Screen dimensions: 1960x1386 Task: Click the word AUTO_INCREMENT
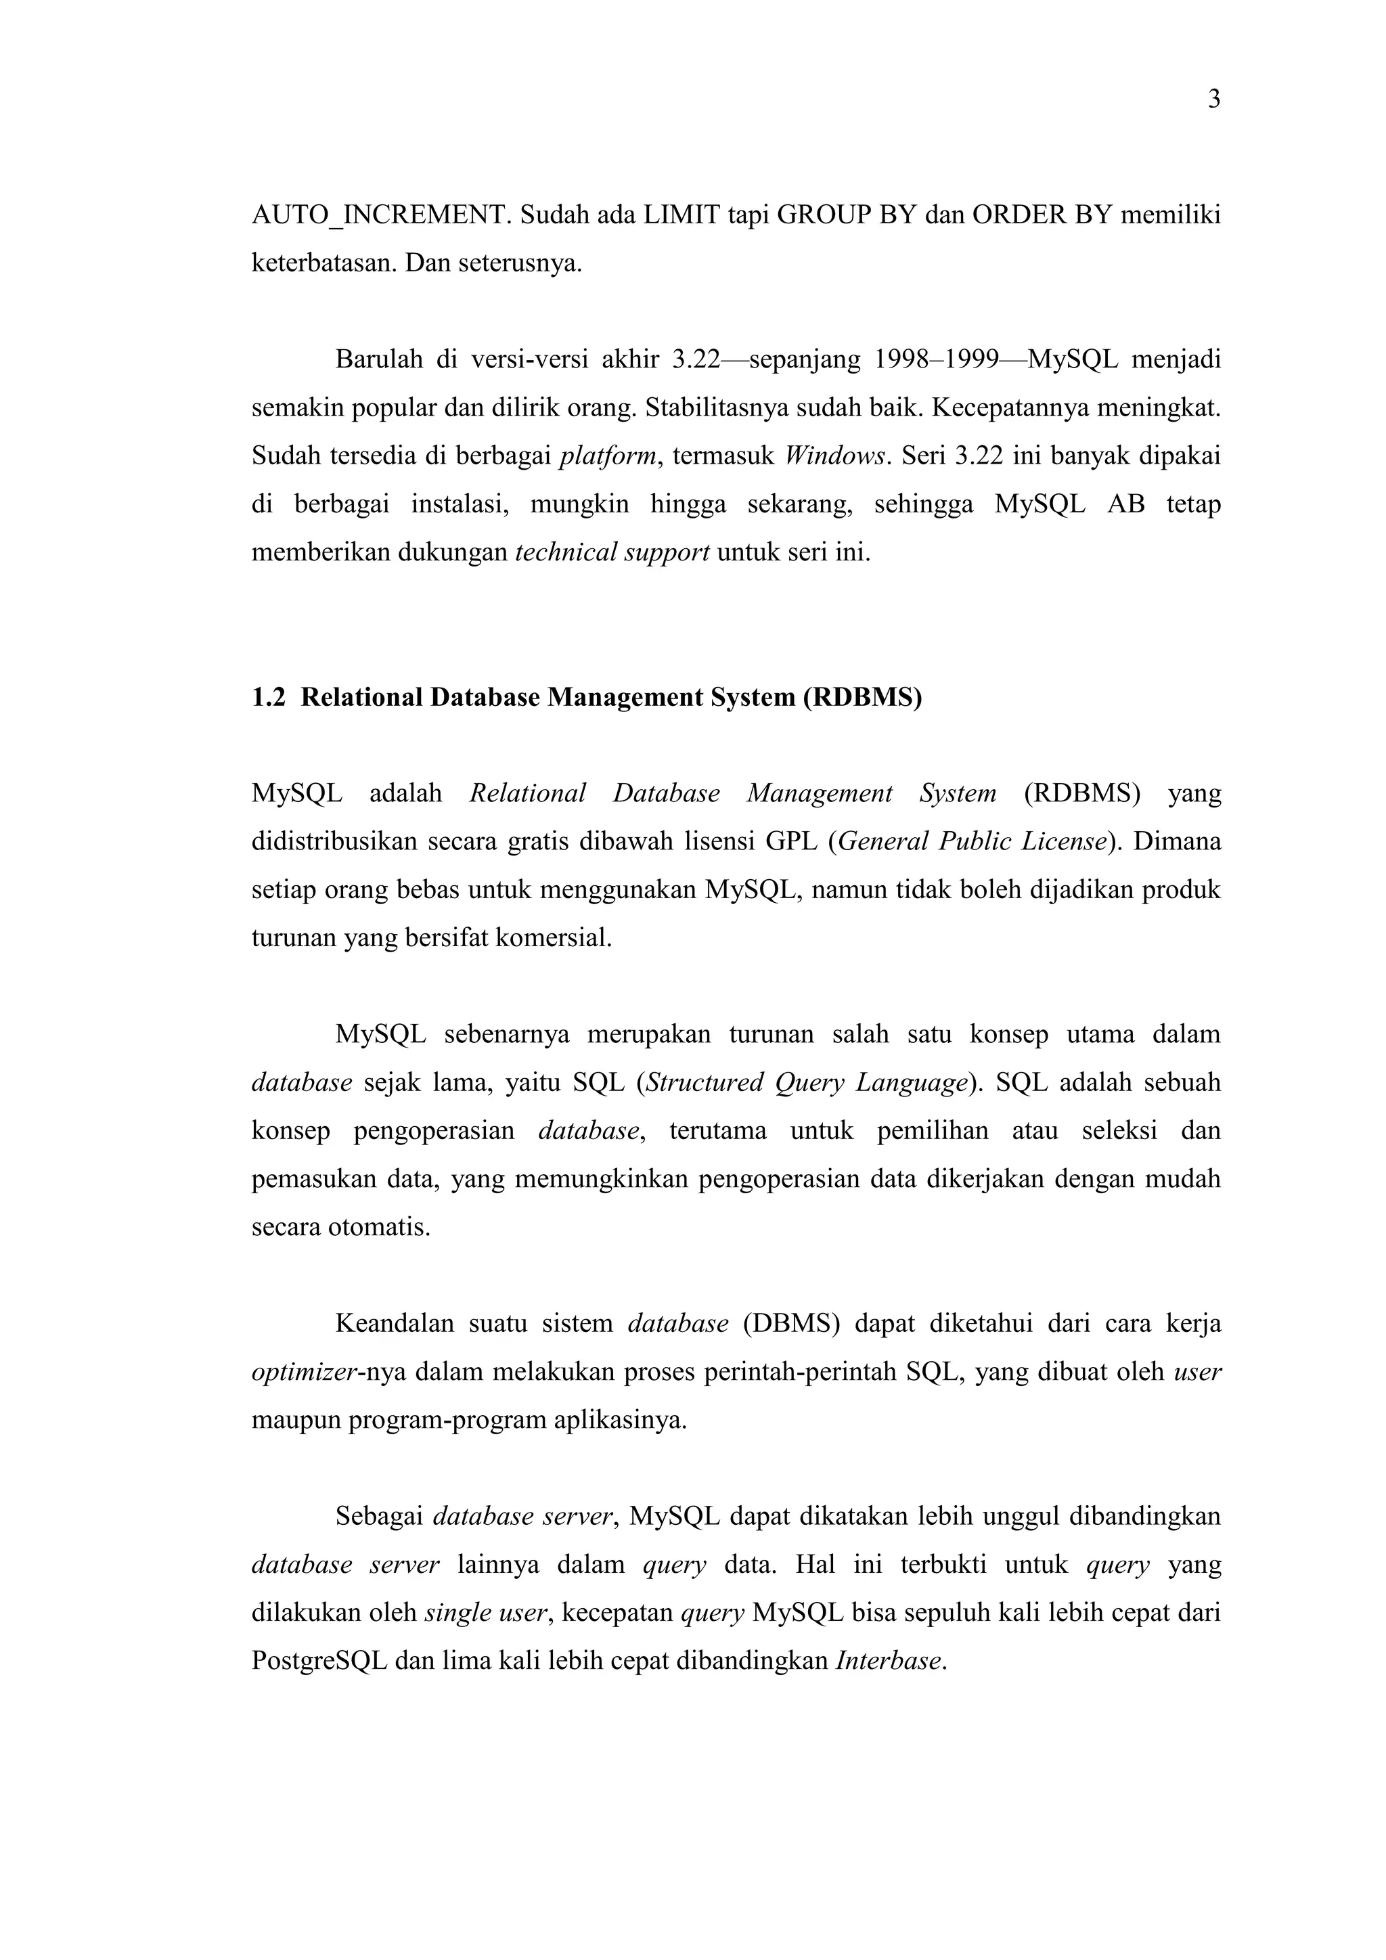tap(382, 215)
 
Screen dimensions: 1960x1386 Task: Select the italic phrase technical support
tap(612, 553)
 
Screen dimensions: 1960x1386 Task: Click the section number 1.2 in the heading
tap(268, 698)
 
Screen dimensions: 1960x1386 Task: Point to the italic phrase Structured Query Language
tap(807, 1082)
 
